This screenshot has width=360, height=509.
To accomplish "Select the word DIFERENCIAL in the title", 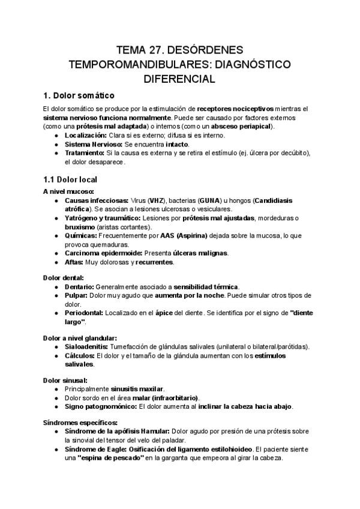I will point(179,78).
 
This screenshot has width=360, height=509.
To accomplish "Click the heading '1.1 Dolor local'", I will point(70,179).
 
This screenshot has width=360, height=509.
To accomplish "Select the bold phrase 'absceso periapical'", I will point(240,127).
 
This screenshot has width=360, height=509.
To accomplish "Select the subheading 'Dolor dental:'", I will point(63,277).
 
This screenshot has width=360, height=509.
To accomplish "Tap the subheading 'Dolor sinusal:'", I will point(65,380).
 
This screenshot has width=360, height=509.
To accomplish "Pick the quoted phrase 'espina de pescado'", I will point(109,457).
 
